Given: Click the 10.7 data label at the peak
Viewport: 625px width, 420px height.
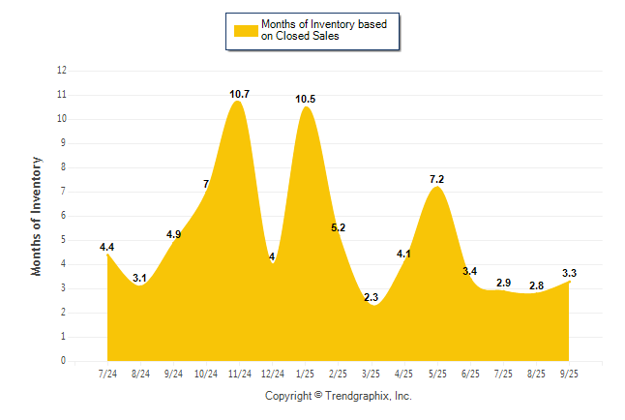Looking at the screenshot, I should tap(240, 94).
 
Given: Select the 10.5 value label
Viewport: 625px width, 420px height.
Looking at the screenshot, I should tap(306, 99).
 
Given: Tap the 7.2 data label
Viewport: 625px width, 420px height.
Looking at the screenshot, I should tap(436, 179).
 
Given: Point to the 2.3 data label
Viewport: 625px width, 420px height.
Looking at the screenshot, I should tap(372, 297).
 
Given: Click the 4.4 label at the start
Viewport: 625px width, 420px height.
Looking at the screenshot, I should tap(107, 247).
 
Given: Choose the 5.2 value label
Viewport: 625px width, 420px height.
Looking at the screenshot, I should tap(338, 227).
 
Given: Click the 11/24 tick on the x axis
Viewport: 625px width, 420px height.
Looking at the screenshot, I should tap(239, 374).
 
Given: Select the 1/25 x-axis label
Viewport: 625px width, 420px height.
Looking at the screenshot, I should tap(306, 374).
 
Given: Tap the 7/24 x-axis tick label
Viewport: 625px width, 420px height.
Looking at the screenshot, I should tap(107, 374).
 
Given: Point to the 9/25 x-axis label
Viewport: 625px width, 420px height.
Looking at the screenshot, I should tap(569, 374).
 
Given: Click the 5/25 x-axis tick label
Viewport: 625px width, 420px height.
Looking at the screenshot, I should tap(437, 374).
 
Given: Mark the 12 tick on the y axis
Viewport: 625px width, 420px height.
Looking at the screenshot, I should tap(62, 71).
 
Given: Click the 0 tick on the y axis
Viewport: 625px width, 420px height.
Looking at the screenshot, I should tap(64, 361).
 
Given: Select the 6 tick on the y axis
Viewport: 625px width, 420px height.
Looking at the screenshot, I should tap(64, 216).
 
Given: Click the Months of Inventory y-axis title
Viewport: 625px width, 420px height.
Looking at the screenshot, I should tap(37, 216).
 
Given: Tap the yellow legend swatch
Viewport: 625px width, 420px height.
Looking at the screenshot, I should tap(245, 30).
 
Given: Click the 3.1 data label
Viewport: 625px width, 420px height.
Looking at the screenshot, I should tap(140, 278).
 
